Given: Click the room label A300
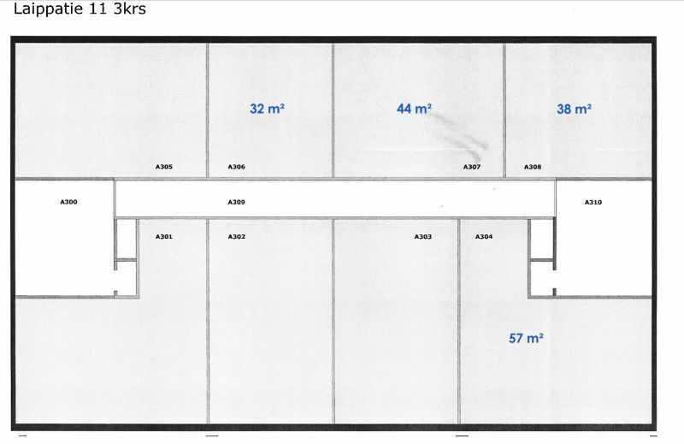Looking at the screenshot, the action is coord(68,202).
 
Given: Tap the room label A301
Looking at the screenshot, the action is coord(164,237).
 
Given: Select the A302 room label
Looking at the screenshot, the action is coord(237,237).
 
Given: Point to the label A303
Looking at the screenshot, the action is coord(422,237).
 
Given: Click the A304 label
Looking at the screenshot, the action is coord(484,237).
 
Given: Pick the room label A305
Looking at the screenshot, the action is coord(164,166).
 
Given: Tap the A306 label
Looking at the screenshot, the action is coord(237,166).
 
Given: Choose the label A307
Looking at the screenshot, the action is coord(472,167).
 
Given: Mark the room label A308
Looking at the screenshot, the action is coord(533,167).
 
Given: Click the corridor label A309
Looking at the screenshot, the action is coord(237,202).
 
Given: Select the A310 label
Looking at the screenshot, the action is coord(593,202).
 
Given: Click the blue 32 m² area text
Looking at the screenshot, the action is coord(267,109).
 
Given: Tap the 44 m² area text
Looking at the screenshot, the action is coord(414,109).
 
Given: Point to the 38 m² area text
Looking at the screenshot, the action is coord(574,109).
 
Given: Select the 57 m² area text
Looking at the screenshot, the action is coord(526,338).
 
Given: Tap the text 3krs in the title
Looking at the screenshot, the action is coord(130,9).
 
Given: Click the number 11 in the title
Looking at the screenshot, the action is coord(99,9).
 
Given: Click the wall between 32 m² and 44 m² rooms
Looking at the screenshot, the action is coord(333,110).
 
